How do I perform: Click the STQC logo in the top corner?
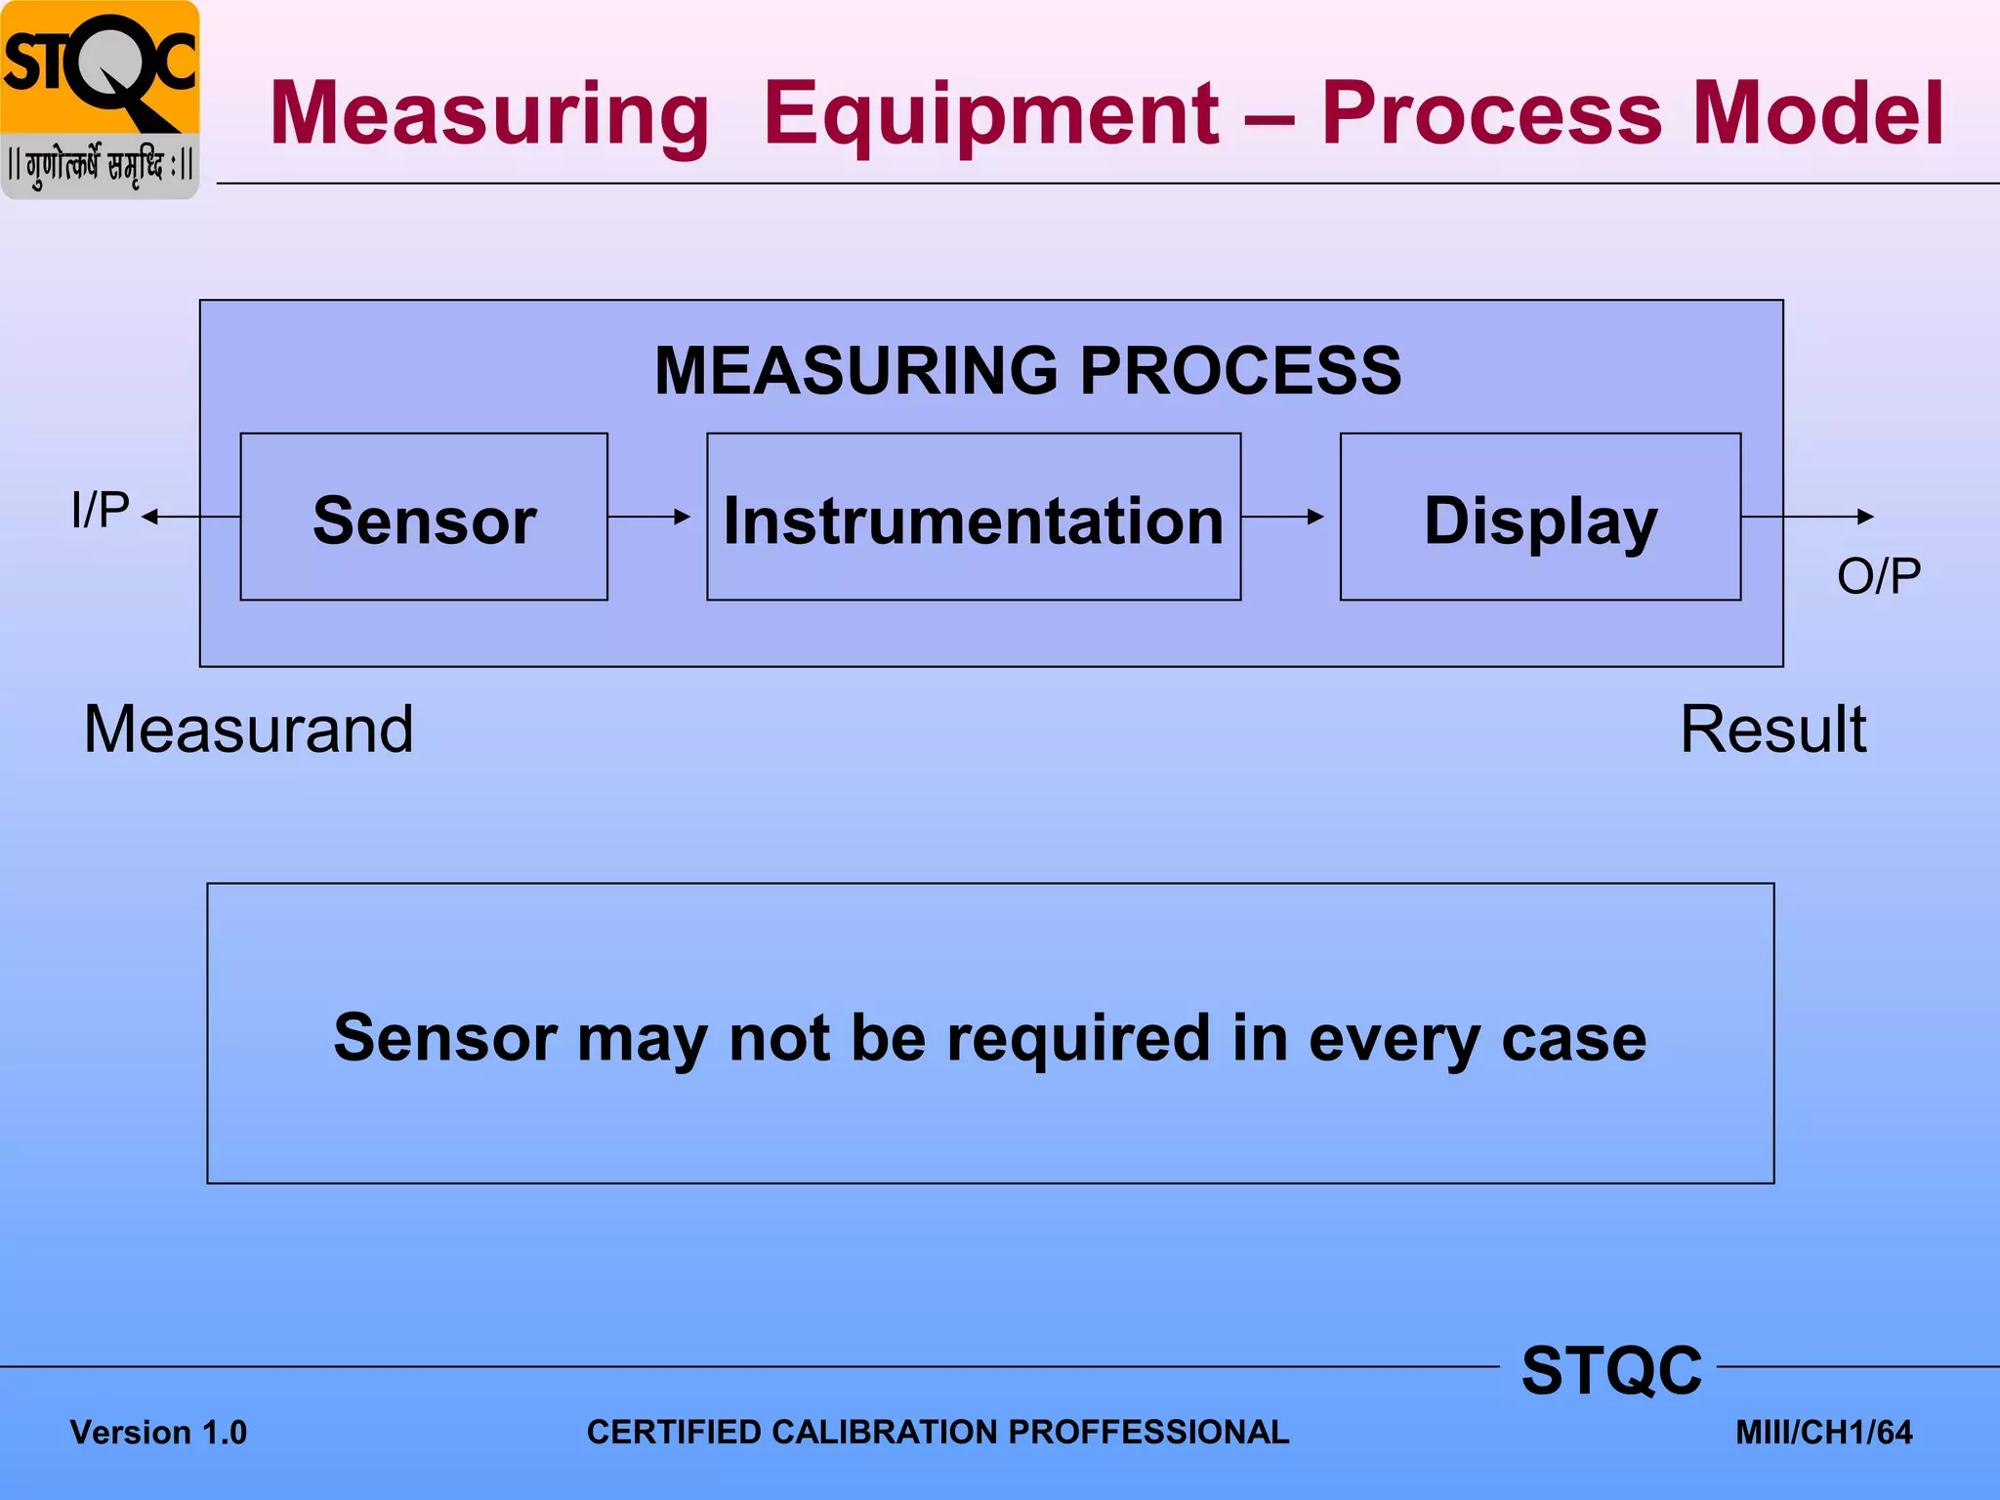coord(100,100)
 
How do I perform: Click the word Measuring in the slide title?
coord(489,114)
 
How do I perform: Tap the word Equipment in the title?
coord(991,114)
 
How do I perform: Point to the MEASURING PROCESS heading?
coord(1027,371)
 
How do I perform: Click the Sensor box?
coord(424,517)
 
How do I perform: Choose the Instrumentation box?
coord(973,517)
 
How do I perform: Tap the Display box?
coord(1540,517)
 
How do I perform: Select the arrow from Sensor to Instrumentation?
coord(649,517)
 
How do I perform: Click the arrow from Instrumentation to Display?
coord(1283,517)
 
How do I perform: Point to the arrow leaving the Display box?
coord(1807,517)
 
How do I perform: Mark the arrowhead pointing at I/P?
coord(150,517)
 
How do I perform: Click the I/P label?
coord(100,510)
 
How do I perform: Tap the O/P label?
coord(1878,575)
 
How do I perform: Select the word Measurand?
coord(249,729)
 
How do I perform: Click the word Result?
coord(1772,729)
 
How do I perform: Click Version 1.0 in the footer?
coord(158,1433)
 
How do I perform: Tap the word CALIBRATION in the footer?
coord(888,1432)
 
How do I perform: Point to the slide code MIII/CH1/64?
coord(1823,1433)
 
